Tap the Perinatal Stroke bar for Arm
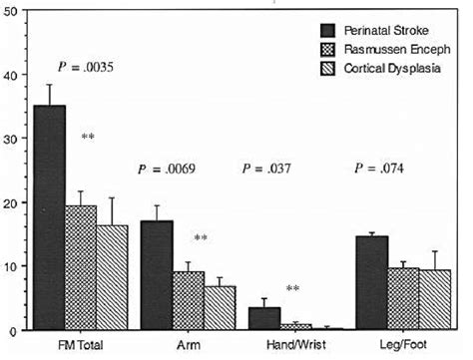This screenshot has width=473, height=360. pos(157,275)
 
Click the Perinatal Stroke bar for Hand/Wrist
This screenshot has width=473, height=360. pos(263,318)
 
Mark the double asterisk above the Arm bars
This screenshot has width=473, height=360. pos(201,238)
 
